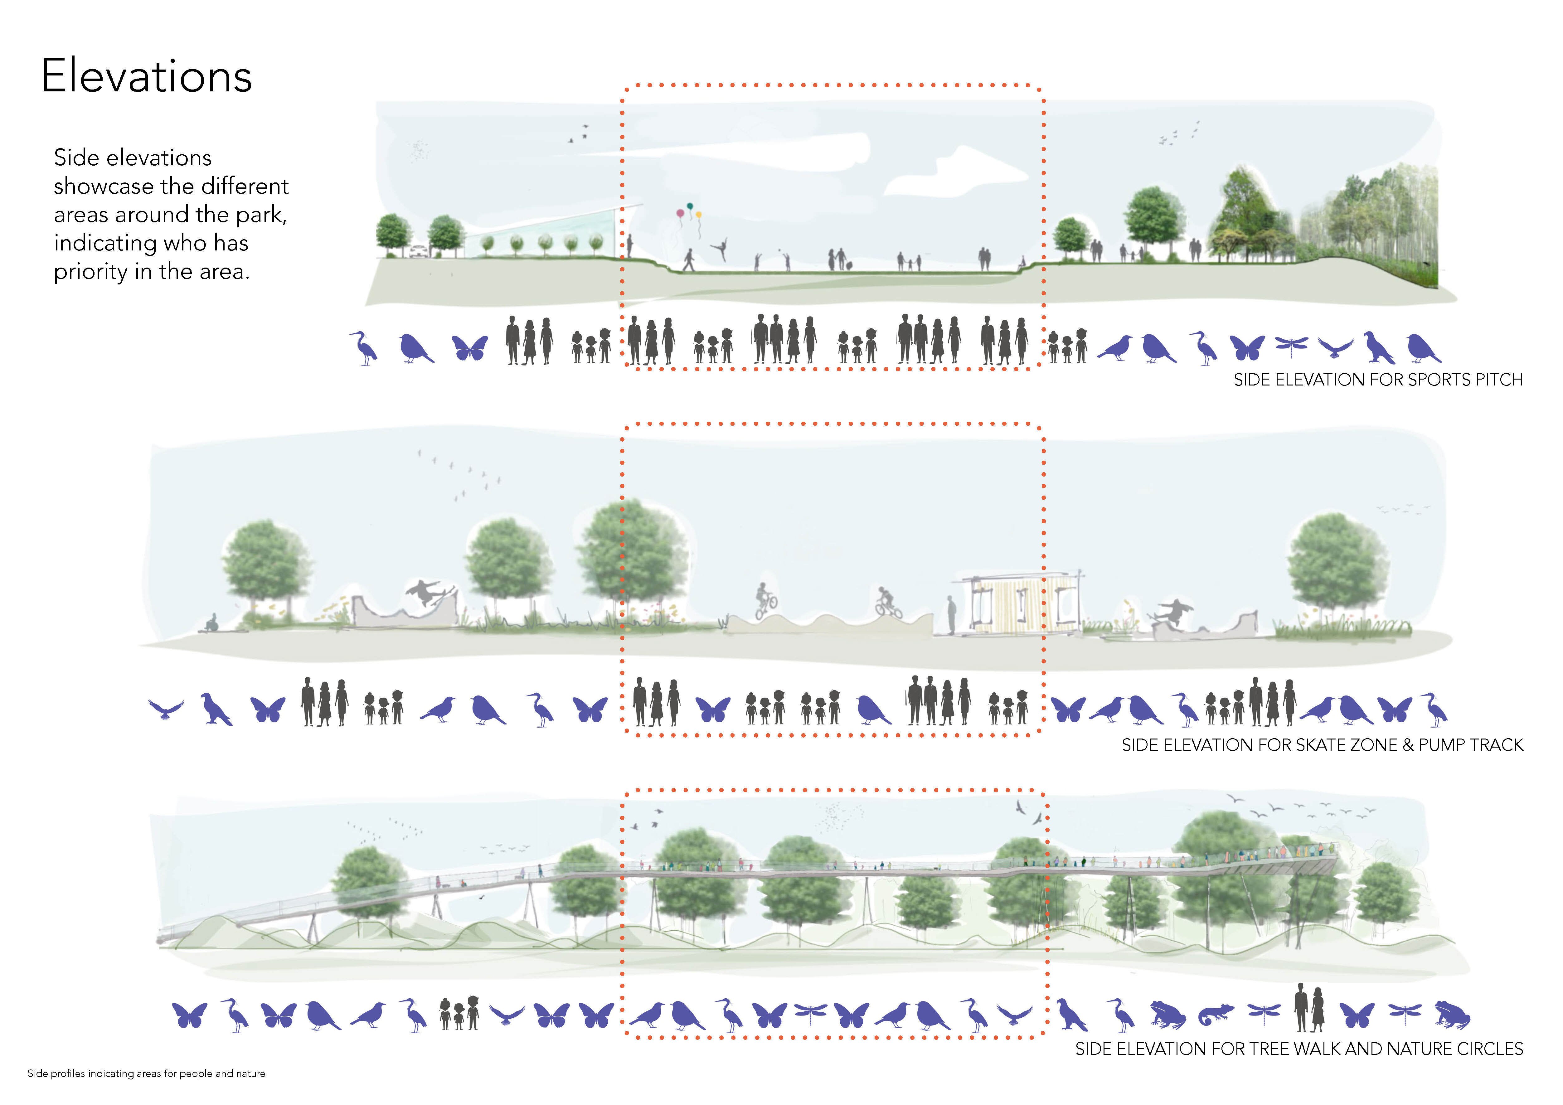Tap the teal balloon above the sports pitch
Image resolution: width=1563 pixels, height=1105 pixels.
click(x=690, y=206)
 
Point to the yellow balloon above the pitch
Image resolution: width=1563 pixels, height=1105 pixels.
click(x=698, y=215)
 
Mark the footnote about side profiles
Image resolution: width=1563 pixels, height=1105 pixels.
click(x=146, y=1074)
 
